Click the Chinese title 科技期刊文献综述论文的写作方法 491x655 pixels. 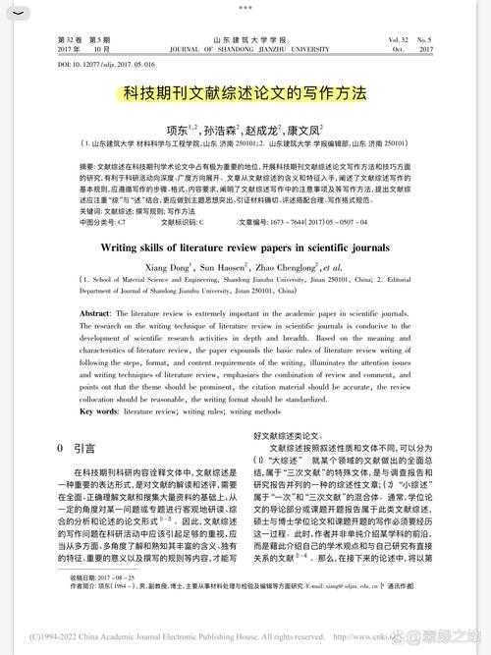245,95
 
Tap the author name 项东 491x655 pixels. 179,128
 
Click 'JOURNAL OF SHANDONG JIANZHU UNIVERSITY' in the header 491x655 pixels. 245,47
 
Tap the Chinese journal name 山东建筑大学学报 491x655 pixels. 245,38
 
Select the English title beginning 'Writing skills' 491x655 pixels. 245,221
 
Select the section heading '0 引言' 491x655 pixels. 78,448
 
